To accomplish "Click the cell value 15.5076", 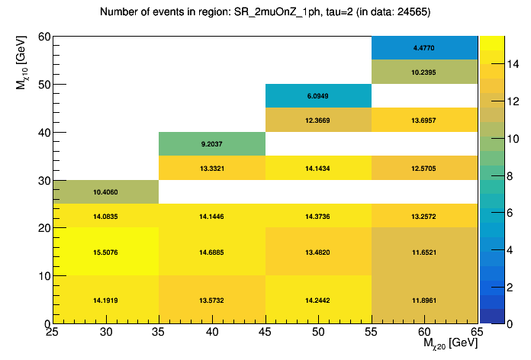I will click(105, 252).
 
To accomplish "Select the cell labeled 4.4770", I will click(424, 48).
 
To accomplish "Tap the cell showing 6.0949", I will click(318, 96).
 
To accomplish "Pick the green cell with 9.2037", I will click(211, 144).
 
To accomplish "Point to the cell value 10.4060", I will click(105, 192).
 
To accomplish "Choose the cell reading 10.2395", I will click(424, 72).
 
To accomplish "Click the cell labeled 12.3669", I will click(318, 121).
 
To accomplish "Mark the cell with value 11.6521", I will click(424, 252).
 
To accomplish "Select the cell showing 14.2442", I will click(318, 300).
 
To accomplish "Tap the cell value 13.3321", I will click(211, 169).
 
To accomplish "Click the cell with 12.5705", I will click(424, 169).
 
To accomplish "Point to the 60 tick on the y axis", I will click(41, 37).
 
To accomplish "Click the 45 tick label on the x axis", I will click(265, 333).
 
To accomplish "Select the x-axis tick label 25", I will click(53, 333).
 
